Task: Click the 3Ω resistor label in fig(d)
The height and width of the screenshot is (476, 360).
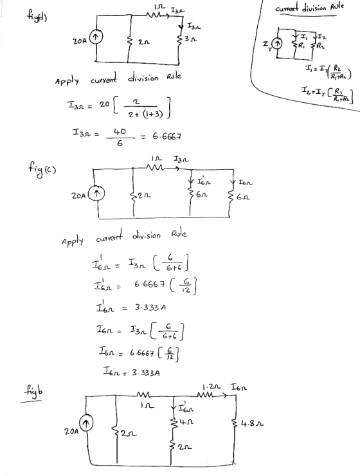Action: (190, 39)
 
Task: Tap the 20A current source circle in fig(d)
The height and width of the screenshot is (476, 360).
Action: (96, 37)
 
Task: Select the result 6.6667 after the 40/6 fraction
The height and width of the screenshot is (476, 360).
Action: (166, 136)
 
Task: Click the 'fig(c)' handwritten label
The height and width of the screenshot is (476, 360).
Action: (40, 168)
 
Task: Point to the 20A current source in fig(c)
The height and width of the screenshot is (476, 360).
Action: (96, 194)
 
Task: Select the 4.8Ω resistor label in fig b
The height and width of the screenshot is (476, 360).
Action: (253, 423)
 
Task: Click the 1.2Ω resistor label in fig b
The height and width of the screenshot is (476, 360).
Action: (212, 387)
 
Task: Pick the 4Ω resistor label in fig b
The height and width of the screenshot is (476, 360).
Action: (188, 422)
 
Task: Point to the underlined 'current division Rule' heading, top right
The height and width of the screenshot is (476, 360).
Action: (309, 8)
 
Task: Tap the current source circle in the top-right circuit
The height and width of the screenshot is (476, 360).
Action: (276, 44)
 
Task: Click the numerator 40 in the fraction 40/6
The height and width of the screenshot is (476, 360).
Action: (120, 132)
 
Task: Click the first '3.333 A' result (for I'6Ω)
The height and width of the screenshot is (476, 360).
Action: (150, 307)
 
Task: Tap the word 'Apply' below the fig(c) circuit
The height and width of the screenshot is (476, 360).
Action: (72, 242)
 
